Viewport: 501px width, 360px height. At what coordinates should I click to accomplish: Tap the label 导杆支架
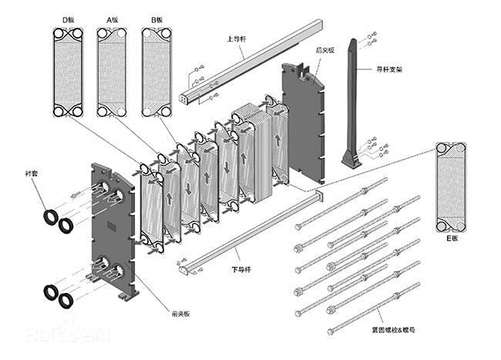(x=387, y=69)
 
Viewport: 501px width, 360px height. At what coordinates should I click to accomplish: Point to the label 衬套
(x=31, y=175)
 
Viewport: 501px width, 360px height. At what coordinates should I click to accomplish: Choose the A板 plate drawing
(x=112, y=73)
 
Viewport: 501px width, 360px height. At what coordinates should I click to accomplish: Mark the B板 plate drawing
(x=157, y=73)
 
